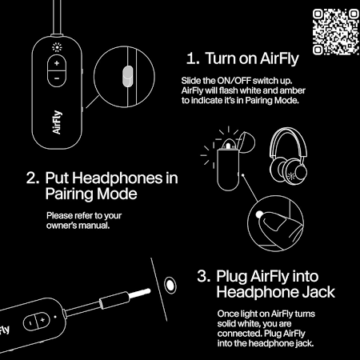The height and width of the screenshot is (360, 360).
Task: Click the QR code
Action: coord(336,32)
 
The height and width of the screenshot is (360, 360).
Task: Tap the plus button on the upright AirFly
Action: coord(57,63)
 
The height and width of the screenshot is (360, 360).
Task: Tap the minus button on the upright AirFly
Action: coord(57,78)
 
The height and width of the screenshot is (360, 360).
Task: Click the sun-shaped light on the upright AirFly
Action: coord(57,47)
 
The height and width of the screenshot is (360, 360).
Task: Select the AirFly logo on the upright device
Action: coord(57,122)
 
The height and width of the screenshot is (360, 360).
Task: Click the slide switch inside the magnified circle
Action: coord(127,77)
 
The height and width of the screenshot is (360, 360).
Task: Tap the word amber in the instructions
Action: coord(292,90)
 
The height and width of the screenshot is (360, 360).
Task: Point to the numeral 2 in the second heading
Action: coord(33,178)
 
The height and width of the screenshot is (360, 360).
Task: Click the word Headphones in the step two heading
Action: coord(117,178)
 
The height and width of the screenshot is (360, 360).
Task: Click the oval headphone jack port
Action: coord(170,285)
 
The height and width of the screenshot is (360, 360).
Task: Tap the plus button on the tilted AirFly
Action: coord(42,319)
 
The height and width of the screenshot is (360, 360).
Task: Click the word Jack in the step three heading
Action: coord(318,292)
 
